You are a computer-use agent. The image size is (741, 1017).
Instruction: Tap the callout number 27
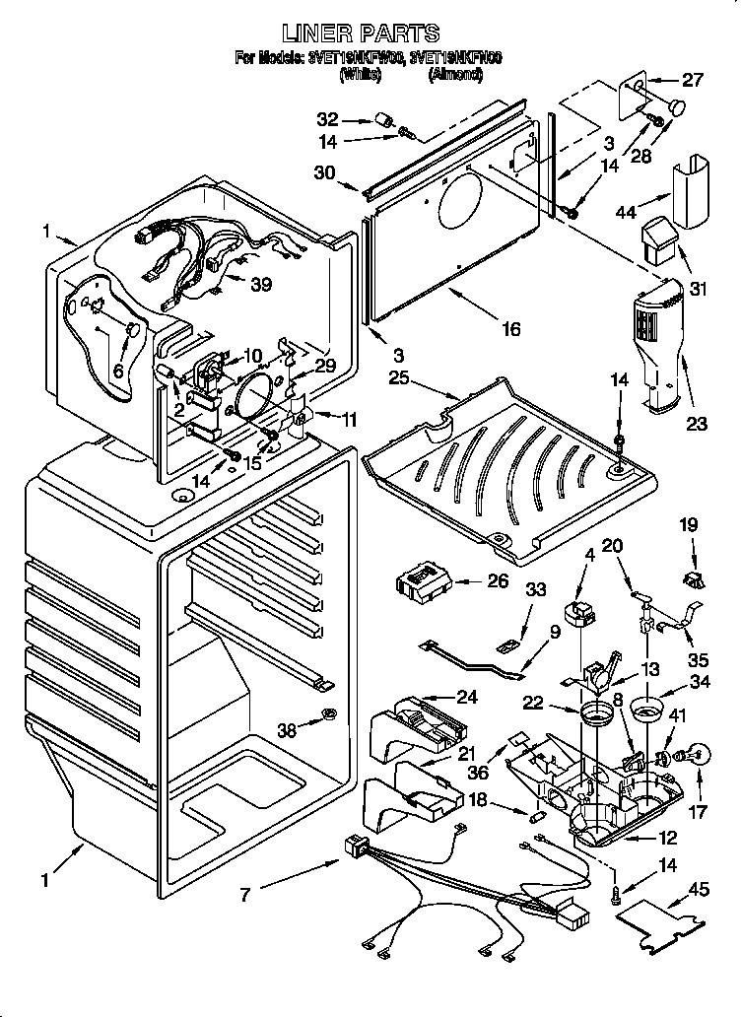coord(693,81)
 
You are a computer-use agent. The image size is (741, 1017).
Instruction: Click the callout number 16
coord(509,329)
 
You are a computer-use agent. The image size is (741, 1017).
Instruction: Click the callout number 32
coord(327,119)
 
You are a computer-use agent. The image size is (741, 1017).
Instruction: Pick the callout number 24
coord(466,697)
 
